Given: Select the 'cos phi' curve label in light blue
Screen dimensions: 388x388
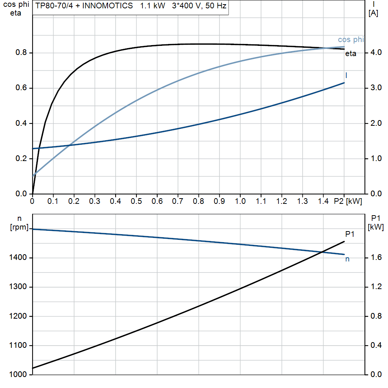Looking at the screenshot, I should point(351,40).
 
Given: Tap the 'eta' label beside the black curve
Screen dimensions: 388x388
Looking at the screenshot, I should point(350,54).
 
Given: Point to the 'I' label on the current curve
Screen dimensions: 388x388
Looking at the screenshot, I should point(346,75).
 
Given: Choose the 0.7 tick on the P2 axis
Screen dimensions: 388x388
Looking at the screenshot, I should point(178,202).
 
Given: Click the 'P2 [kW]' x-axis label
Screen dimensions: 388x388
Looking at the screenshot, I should point(348,202).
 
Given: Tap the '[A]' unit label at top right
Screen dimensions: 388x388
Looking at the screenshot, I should point(373,13).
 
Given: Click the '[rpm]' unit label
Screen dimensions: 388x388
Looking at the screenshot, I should point(19,227).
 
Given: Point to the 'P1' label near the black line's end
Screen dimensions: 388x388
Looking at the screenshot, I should point(349,234).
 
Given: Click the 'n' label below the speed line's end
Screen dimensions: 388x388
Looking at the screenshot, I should point(347,259).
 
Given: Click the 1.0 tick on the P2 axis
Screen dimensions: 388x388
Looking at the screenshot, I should point(240,202).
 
